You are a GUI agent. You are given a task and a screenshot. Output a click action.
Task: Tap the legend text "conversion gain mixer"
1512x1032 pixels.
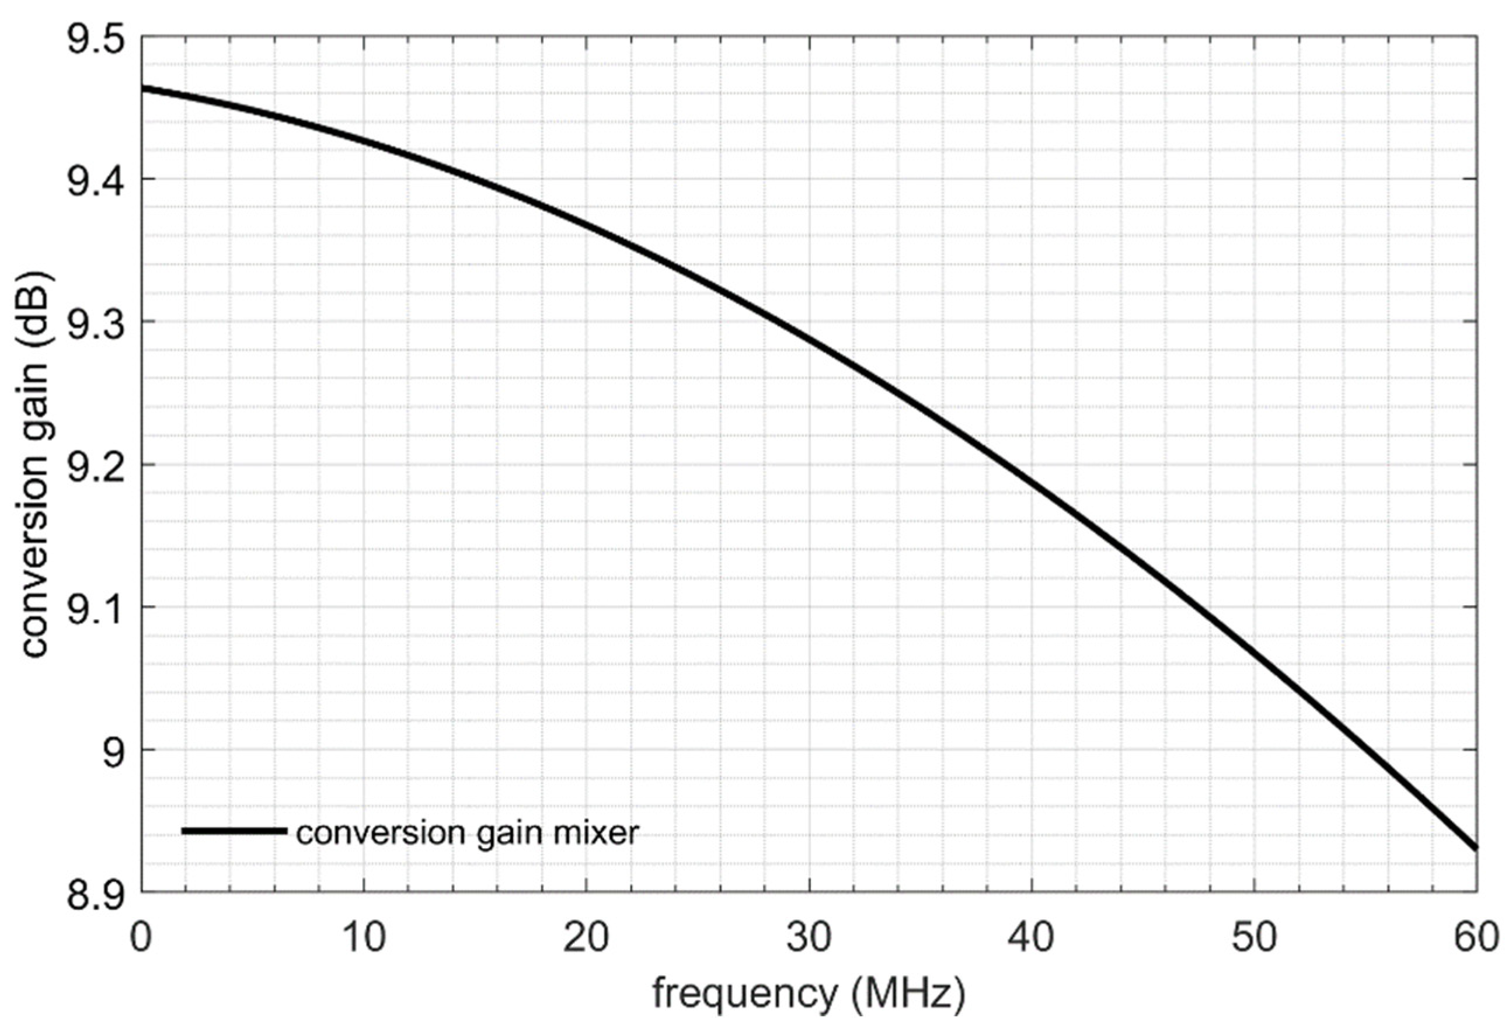(467, 832)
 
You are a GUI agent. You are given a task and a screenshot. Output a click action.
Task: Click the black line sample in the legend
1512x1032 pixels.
(234, 831)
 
